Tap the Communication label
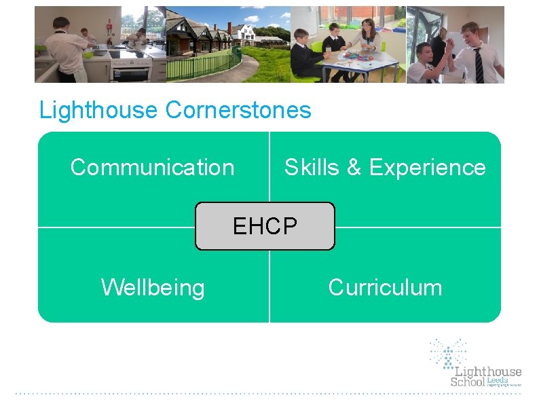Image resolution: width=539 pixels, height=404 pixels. point(152,167)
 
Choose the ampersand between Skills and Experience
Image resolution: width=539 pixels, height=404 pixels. point(354,168)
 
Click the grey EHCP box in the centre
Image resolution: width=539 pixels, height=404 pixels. point(265,226)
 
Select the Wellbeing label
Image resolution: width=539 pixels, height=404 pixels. point(153,287)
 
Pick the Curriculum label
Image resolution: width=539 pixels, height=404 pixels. point(385,287)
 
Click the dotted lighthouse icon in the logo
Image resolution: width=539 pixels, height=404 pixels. point(448,353)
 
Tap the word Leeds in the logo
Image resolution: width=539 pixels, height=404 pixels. point(498,380)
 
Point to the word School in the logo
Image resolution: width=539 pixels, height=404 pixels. point(468,382)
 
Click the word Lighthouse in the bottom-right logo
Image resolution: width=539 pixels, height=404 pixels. point(487,371)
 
